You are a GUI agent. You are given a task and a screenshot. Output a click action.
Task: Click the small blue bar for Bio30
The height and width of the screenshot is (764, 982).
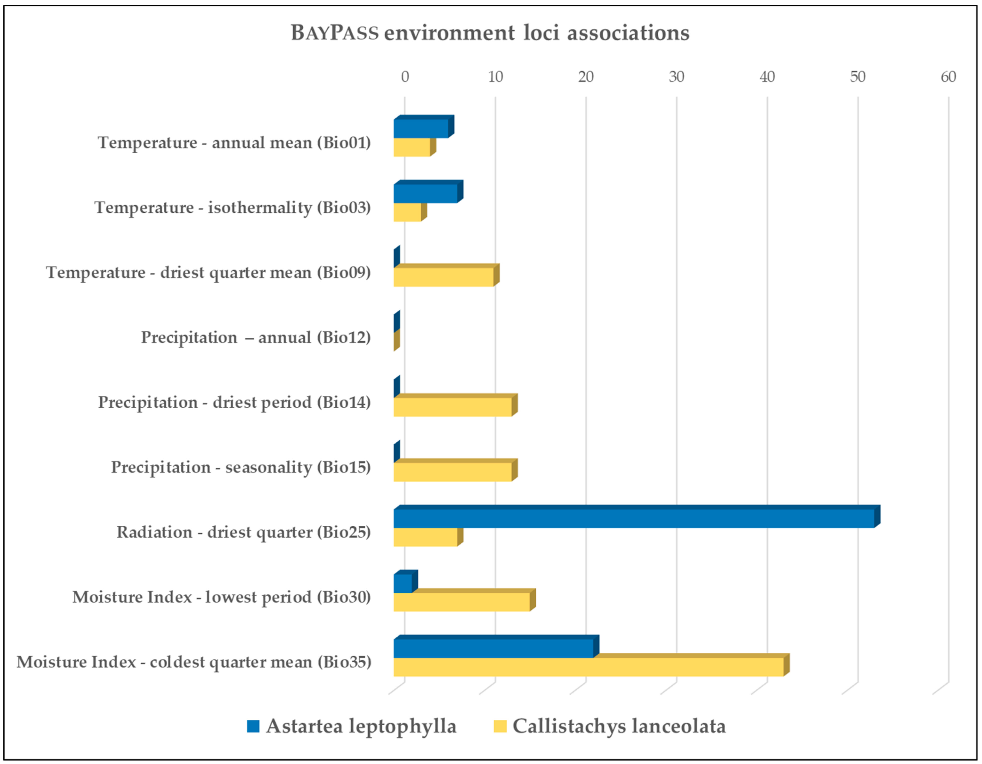point(403,583)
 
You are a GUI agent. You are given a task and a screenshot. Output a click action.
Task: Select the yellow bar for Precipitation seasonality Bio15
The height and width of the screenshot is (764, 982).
point(452,472)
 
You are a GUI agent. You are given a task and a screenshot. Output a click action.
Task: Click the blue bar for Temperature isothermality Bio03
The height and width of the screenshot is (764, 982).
point(425,194)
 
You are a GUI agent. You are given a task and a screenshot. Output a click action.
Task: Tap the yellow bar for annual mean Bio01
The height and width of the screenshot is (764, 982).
point(412,147)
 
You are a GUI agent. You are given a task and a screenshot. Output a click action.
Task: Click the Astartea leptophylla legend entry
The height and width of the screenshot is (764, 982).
point(352,726)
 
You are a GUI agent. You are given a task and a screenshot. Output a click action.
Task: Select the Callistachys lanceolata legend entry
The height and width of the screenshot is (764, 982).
point(609,726)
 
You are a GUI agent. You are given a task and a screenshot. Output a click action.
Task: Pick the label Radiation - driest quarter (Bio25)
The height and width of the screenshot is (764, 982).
point(244,532)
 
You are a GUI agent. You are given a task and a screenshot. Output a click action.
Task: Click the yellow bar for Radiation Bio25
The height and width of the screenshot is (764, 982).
point(425,537)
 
